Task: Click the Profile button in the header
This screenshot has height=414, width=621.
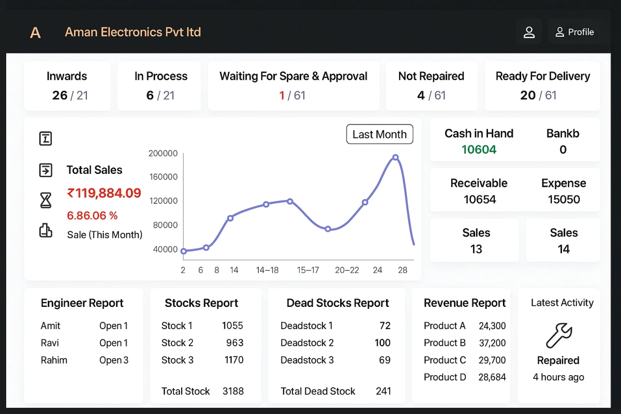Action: click(x=574, y=32)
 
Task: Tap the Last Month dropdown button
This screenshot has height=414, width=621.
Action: click(x=379, y=135)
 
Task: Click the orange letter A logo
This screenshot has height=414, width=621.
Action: click(x=35, y=33)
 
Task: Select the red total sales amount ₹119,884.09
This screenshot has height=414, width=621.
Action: click(x=104, y=194)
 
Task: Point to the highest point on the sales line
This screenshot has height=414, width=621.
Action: click(x=395, y=157)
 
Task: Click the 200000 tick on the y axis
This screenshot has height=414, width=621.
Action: click(x=163, y=153)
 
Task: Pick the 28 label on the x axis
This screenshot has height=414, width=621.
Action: click(x=403, y=270)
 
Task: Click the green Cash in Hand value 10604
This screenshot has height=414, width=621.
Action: click(x=479, y=150)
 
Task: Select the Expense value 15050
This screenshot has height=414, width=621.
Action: click(x=564, y=199)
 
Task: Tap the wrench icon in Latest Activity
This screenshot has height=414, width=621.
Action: click(x=558, y=336)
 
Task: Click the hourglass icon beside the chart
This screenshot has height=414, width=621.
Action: click(x=46, y=200)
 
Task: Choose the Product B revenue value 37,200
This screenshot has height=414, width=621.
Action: click(x=492, y=343)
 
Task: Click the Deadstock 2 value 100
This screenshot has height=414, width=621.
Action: click(x=382, y=343)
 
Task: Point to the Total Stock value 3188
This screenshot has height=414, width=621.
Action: click(x=233, y=391)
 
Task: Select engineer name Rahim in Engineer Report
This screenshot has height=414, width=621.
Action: click(x=54, y=360)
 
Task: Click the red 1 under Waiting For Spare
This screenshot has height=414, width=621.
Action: click(x=282, y=95)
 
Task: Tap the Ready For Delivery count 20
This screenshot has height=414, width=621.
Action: click(x=528, y=95)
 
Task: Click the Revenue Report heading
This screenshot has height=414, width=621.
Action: click(x=464, y=303)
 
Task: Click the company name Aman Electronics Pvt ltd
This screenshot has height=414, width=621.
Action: click(x=132, y=32)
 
